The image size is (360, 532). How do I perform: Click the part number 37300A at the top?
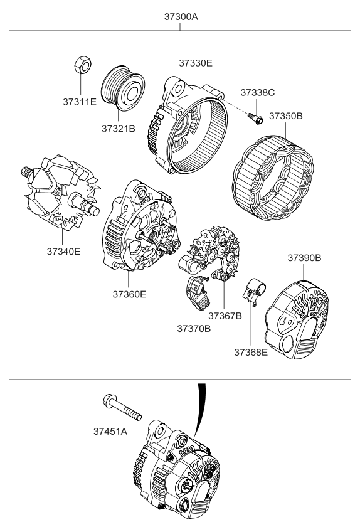coord(181,16)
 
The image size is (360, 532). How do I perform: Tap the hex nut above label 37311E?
coord(82,65)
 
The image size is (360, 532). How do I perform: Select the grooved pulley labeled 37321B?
coord(123,88)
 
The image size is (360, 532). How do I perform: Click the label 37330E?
coord(196,63)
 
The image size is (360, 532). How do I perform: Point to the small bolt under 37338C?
coord(256,118)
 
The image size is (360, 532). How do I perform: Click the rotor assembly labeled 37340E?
coord(61,192)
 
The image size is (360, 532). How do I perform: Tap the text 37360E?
coord(129,294)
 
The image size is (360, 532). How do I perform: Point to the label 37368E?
coord(251,353)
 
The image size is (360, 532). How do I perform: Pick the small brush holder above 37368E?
coord(254,292)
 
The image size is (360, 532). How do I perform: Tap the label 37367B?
coord(225,316)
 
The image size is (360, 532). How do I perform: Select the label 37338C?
coord(258,93)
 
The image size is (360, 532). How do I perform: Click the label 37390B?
coord(304,258)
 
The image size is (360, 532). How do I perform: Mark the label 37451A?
coord(110,431)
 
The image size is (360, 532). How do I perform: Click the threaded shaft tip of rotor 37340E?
coord(25,170)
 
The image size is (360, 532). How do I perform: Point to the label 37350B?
coord(286,116)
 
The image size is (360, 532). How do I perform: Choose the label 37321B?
coord(119,129)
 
